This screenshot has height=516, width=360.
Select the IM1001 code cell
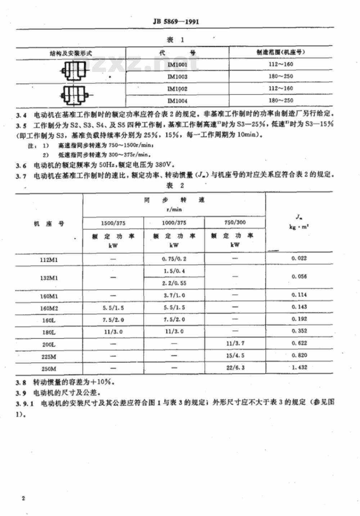tap(177, 65)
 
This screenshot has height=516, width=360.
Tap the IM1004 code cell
tap(177, 101)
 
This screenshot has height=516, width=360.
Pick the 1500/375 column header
tap(113, 223)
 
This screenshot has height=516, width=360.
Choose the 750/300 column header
tap(235, 222)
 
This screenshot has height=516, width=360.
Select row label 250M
tap(49, 369)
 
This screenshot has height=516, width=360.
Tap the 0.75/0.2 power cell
tap(174, 259)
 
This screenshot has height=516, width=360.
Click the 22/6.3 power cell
tap(235, 368)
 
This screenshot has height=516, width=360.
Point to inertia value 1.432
tap(299, 367)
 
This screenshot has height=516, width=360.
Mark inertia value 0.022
tap(299, 258)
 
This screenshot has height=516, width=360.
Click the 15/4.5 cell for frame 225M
tap(235, 356)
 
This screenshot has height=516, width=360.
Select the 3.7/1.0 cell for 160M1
tap(174, 295)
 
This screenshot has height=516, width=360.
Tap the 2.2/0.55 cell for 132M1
tap(174, 283)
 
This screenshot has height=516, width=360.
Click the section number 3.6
tap(21, 166)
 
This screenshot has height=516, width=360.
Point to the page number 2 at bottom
tap(23, 498)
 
